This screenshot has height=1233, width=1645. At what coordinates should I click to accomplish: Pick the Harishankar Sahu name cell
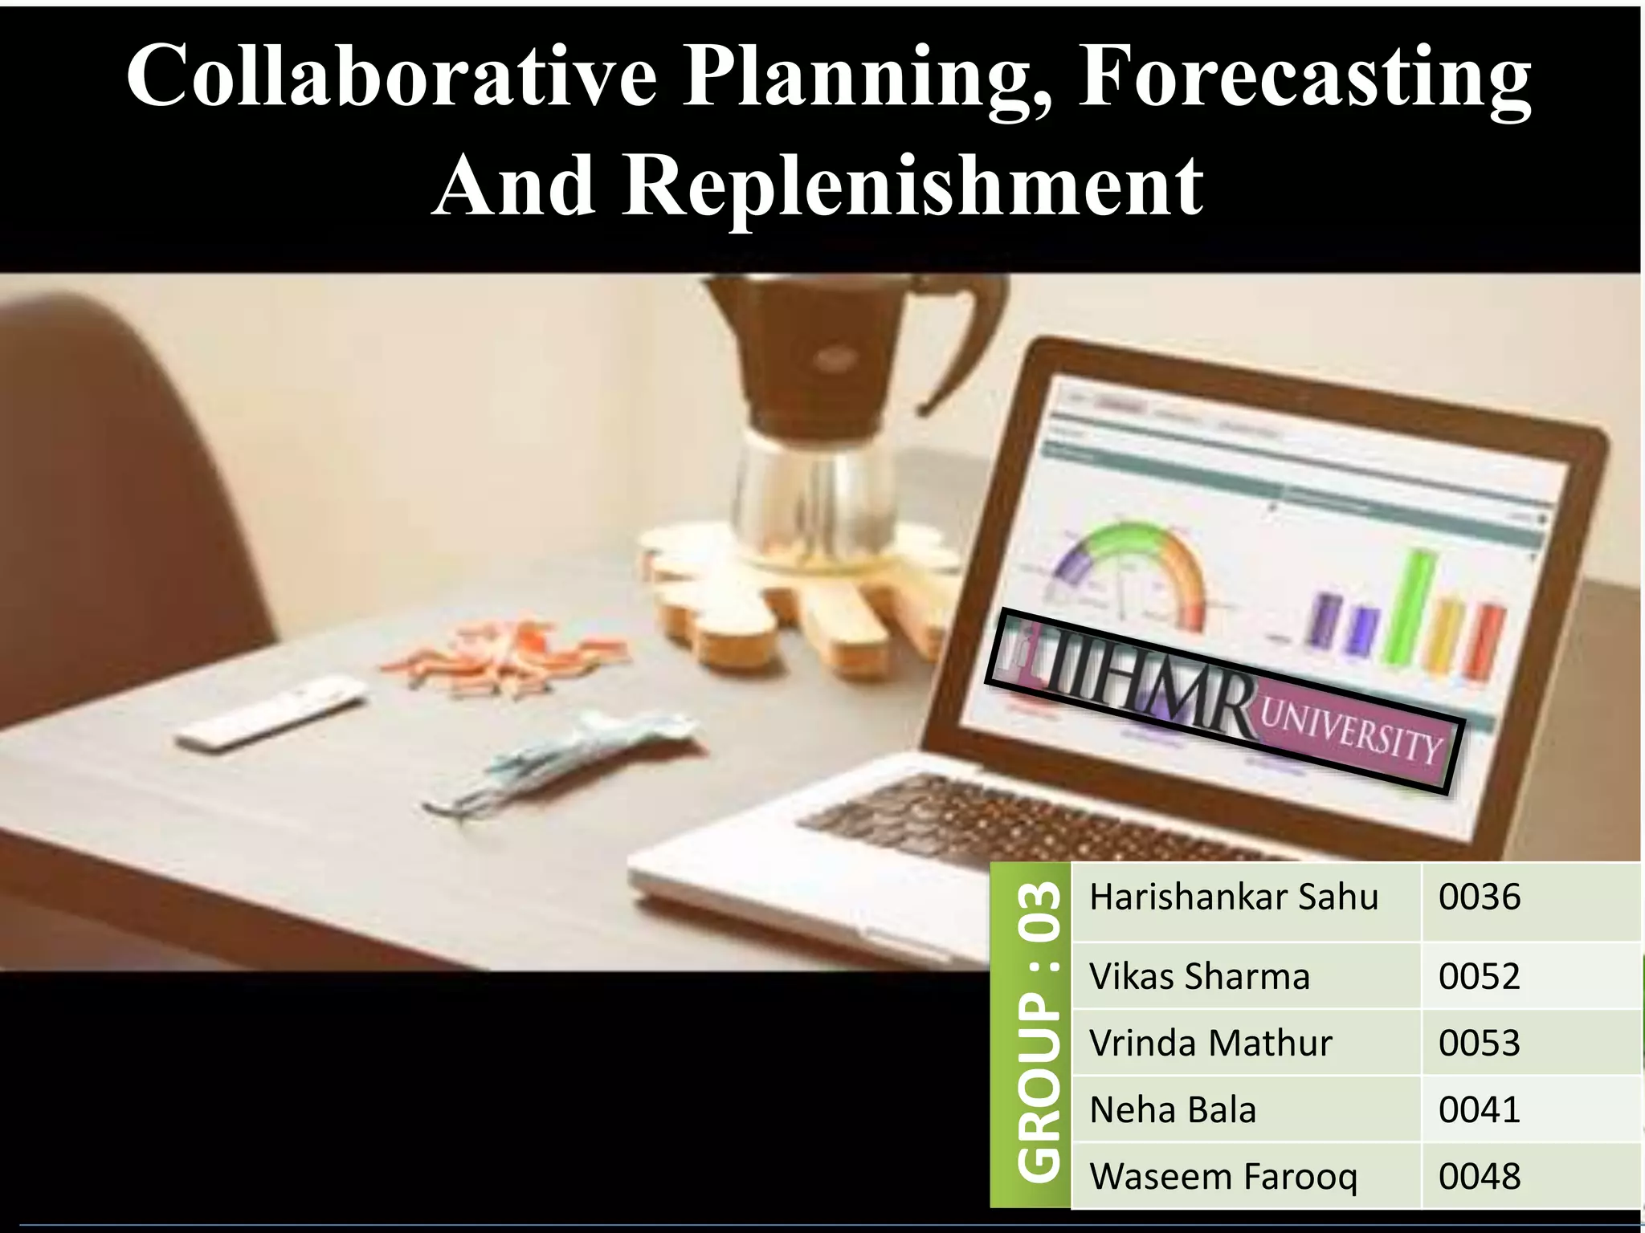[1234, 897]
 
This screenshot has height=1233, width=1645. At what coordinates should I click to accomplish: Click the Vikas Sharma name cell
[1199, 976]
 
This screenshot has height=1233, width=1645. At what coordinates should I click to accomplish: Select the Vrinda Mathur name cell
[1210, 1043]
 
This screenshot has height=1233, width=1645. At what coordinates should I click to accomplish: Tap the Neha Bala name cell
[1173, 1109]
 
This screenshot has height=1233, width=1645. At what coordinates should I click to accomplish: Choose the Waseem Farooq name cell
[1223, 1176]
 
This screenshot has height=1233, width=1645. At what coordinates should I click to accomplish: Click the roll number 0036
[1480, 897]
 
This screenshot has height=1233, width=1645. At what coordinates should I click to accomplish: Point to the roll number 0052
[1480, 976]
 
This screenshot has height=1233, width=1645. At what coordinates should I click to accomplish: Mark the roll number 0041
[1480, 1109]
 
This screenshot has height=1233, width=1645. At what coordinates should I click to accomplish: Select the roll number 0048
[1480, 1176]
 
